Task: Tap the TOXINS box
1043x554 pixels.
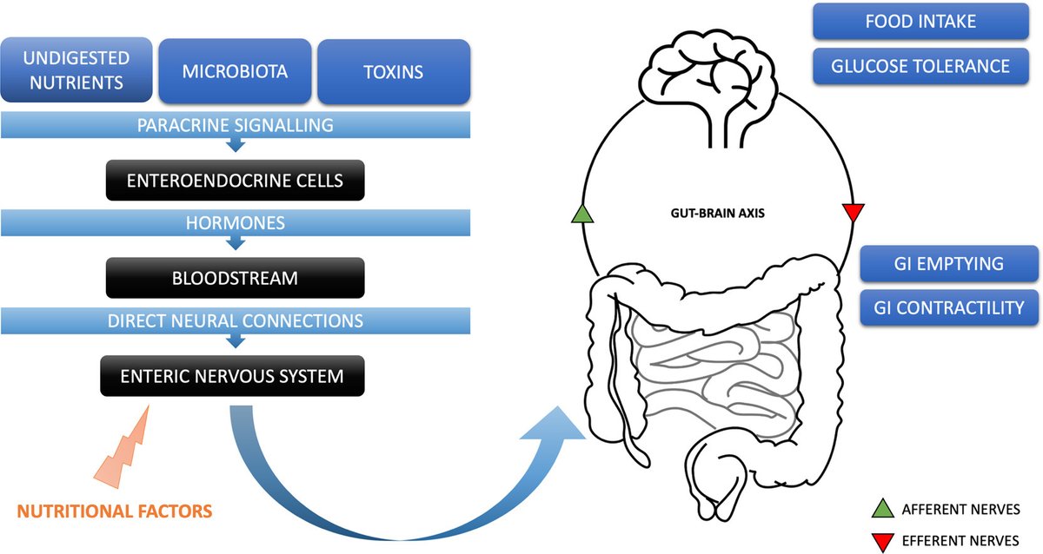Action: pyautogui.click(x=394, y=71)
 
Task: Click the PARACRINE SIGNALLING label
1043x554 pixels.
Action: pyautogui.click(x=235, y=125)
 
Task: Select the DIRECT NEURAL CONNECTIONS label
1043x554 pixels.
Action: pyautogui.click(x=235, y=320)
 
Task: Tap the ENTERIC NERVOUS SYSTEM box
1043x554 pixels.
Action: pyautogui.click(x=231, y=377)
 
